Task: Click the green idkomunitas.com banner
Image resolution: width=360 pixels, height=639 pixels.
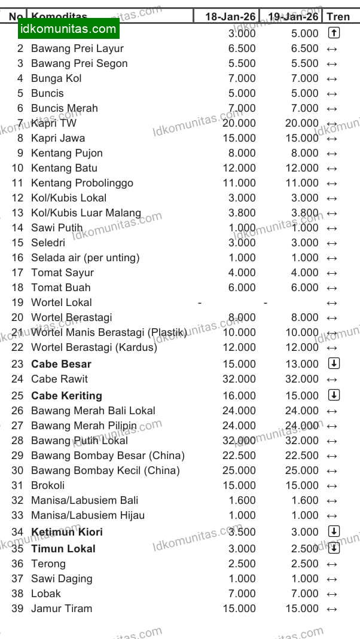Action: tap(68, 29)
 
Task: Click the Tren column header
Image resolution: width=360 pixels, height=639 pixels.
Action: tap(338, 17)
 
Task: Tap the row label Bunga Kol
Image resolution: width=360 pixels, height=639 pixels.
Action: tap(56, 78)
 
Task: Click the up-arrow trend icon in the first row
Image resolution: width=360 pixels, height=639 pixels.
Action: tap(333, 33)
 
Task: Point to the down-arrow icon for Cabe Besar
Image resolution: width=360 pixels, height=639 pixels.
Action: tap(334, 363)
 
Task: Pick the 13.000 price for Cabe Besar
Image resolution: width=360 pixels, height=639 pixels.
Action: tap(302, 364)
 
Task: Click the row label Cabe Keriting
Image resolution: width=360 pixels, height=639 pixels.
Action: tap(66, 396)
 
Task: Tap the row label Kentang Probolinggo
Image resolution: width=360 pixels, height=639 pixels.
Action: tap(82, 183)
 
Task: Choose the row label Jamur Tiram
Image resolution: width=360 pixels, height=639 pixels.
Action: tap(62, 609)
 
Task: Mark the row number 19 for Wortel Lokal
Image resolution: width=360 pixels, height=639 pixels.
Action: tap(17, 302)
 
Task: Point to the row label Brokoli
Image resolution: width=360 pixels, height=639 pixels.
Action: tap(48, 485)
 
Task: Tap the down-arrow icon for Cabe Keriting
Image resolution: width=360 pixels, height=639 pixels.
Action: tap(334, 395)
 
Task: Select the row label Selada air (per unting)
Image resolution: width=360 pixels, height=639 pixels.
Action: tap(85, 258)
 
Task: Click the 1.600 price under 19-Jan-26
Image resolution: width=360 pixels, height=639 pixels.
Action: tap(304, 500)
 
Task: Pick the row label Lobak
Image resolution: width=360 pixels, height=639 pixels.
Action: tap(46, 594)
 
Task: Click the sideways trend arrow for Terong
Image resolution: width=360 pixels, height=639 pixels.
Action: tap(332, 564)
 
